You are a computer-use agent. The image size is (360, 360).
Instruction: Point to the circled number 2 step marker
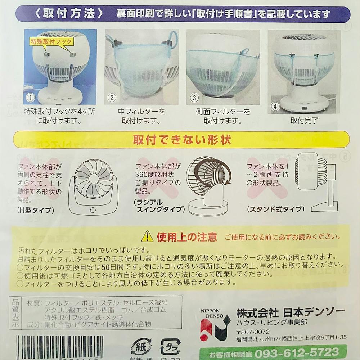point(112,97)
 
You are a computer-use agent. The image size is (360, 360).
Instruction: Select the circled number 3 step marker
point(194,97)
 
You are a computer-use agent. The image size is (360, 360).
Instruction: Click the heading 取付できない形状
point(181,139)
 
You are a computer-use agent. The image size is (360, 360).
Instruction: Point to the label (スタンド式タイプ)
point(275,209)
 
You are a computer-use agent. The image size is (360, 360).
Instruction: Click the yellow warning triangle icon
point(147,236)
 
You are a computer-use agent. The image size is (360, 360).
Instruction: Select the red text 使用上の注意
point(187,237)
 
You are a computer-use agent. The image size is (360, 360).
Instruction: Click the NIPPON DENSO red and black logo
point(215,326)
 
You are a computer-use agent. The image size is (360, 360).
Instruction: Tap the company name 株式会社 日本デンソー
point(290,311)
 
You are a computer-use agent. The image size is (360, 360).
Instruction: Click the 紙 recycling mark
point(141,347)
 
